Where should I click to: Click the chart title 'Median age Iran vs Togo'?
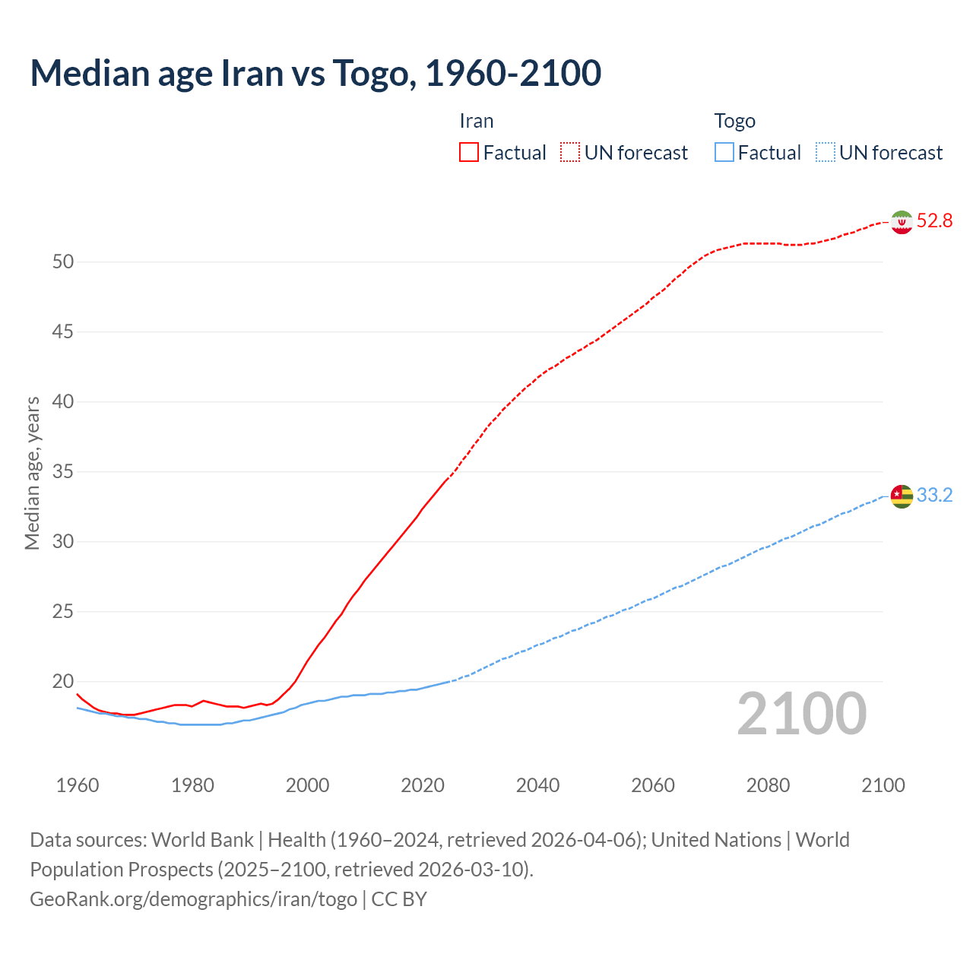(x=315, y=73)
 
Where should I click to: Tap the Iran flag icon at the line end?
(x=902, y=222)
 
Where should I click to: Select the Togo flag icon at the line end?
(x=902, y=496)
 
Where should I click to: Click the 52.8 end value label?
(x=934, y=221)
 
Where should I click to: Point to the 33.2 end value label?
(x=934, y=496)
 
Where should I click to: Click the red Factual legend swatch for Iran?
(x=469, y=153)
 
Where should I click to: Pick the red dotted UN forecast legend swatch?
(x=570, y=153)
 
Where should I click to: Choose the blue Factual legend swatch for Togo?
(x=724, y=153)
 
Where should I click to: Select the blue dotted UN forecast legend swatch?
(x=826, y=153)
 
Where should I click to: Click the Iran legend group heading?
(x=477, y=121)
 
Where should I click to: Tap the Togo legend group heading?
(x=734, y=121)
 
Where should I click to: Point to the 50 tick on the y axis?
(x=63, y=262)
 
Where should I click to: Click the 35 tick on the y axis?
(x=63, y=472)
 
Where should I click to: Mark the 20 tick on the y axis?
(x=63, y=682)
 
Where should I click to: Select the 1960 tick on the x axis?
(x=78, y=785)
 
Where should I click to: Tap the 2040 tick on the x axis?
(x=537, y=785)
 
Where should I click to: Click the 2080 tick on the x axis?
(x=768, y=785)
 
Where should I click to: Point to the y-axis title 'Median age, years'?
(x=32, y=473)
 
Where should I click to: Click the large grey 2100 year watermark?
(x=801, y=714)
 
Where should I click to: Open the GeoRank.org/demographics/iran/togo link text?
(x=193, y=899)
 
